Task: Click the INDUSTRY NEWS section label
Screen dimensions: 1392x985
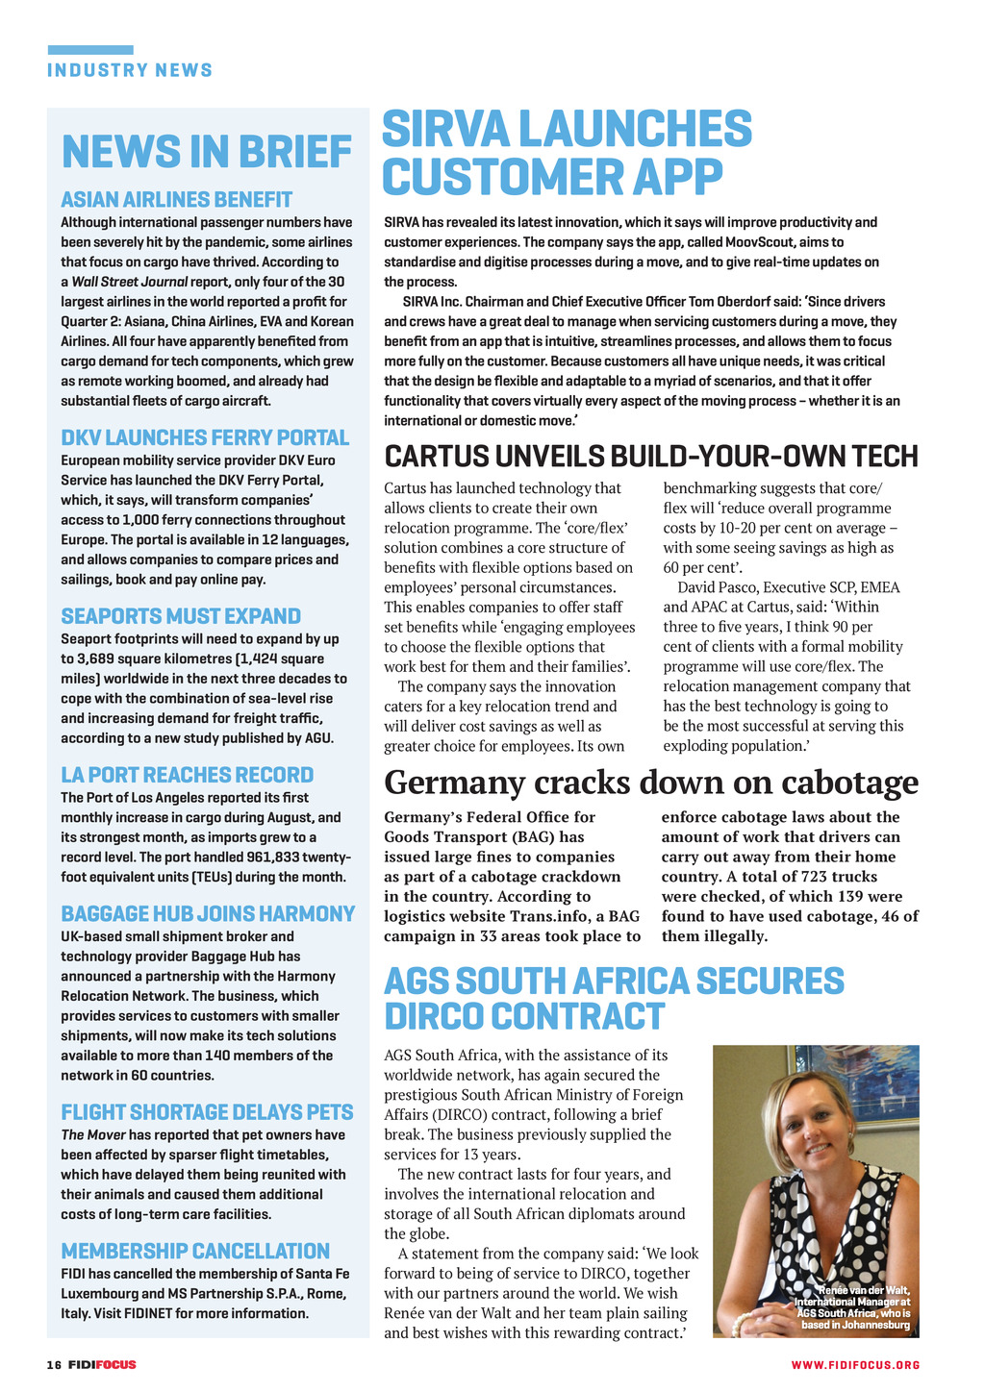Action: pyautogui.click(x=130, y=70)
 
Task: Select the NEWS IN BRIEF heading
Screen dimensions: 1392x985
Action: pyautogui.click(x=207, y=152)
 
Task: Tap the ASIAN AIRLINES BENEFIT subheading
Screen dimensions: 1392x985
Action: pyautogui.click(x=176, y=200)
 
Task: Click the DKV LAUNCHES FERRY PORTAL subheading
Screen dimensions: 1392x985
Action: pyautogui.click(x=205, y=438)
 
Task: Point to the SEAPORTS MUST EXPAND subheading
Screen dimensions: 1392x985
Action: pyautogui.click(x=181, y=616)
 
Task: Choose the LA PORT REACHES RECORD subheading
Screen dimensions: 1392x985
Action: pyautogui.click(x=187, y=775)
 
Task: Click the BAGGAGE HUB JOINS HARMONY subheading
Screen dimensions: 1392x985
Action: pyautogui.click(x=208, y=914)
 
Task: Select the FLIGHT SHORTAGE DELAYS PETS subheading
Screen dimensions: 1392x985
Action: pyautogui.click(x=207, y=1112)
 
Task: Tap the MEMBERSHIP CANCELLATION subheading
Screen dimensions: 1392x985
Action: pyautogui.click(x=195, y=1251)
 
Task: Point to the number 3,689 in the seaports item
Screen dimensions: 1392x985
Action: pyautogui.click(x=101, y=659)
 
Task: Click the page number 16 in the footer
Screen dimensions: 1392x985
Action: pyautogui.click(x=54, y=1364)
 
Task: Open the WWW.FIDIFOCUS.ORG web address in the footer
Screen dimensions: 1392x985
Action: pyautogui.click(x=855, y=1365)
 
